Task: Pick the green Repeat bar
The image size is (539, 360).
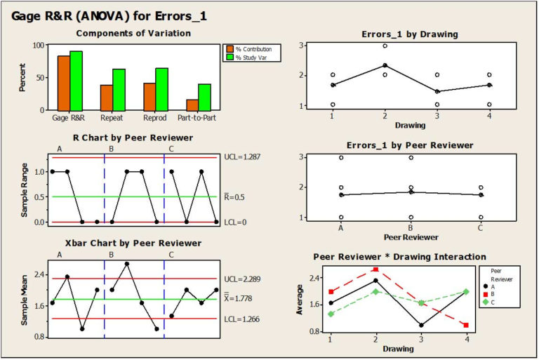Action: click(119, 89)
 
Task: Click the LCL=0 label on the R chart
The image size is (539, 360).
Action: click(236, 222)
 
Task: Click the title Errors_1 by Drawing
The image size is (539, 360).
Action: click(411, 34)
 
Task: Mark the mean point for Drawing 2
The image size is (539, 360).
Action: click(385, 65)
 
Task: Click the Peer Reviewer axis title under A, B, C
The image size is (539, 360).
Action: click(411, 238)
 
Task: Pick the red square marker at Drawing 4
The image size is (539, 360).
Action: click(467, 325)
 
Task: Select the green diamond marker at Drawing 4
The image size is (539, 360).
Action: click(467, 292)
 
